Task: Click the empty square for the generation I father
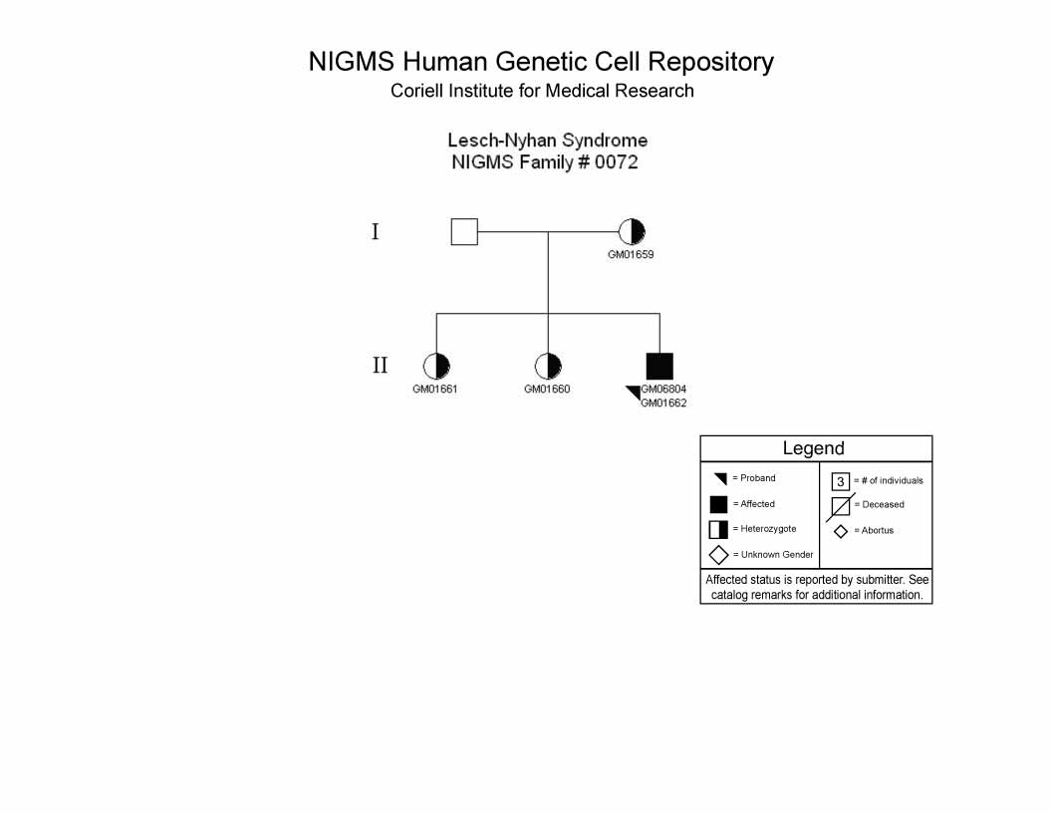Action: (x=464, y=231)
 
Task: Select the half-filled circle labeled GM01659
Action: (x=632, y=232)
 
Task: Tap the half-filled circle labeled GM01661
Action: (x=436, y=367)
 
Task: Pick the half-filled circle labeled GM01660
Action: (x=548, y=367)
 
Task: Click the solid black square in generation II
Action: (x=659, y=367)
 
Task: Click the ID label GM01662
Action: (x=663, y=404)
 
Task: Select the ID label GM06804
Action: (x=663, y=389)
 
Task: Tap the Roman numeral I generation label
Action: (x=375, y=231)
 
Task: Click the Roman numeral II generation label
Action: (x=380, y=365)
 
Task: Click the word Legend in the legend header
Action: (x=813, y=448)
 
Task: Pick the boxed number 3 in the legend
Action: (x=841, y=481)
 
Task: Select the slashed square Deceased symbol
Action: (x=841, y=506)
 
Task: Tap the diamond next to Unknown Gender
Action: (x=718, y=555)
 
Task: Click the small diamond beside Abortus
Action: (x=841, y=532)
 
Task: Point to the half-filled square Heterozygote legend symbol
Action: (x=718, y=529)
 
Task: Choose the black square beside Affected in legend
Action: (x=718, y=504)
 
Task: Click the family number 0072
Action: (x=616, y=162)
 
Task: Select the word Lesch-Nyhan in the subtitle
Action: (x=502, y=140)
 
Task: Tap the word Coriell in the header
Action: (x=416, y=91)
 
